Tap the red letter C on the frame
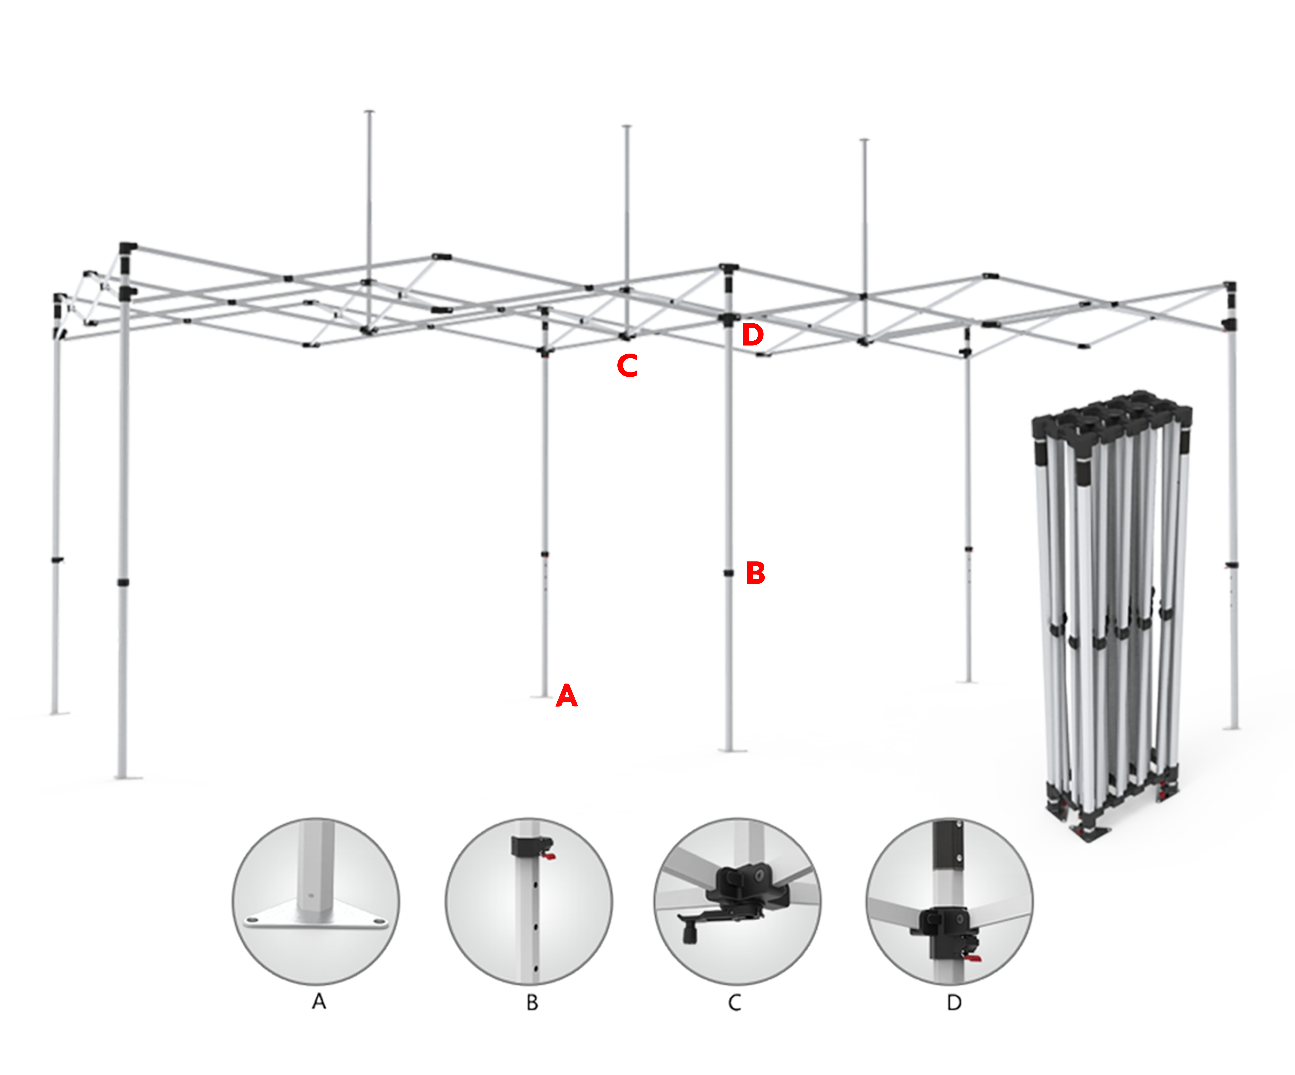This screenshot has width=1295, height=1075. (x=627, y=366)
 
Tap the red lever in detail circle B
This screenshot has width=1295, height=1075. (x=548, y=856)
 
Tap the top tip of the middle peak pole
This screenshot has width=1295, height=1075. (x=627, y=126)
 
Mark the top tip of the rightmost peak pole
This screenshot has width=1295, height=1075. (x=865, y=140)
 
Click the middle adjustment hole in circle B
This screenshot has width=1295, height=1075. (x=536, y=926)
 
